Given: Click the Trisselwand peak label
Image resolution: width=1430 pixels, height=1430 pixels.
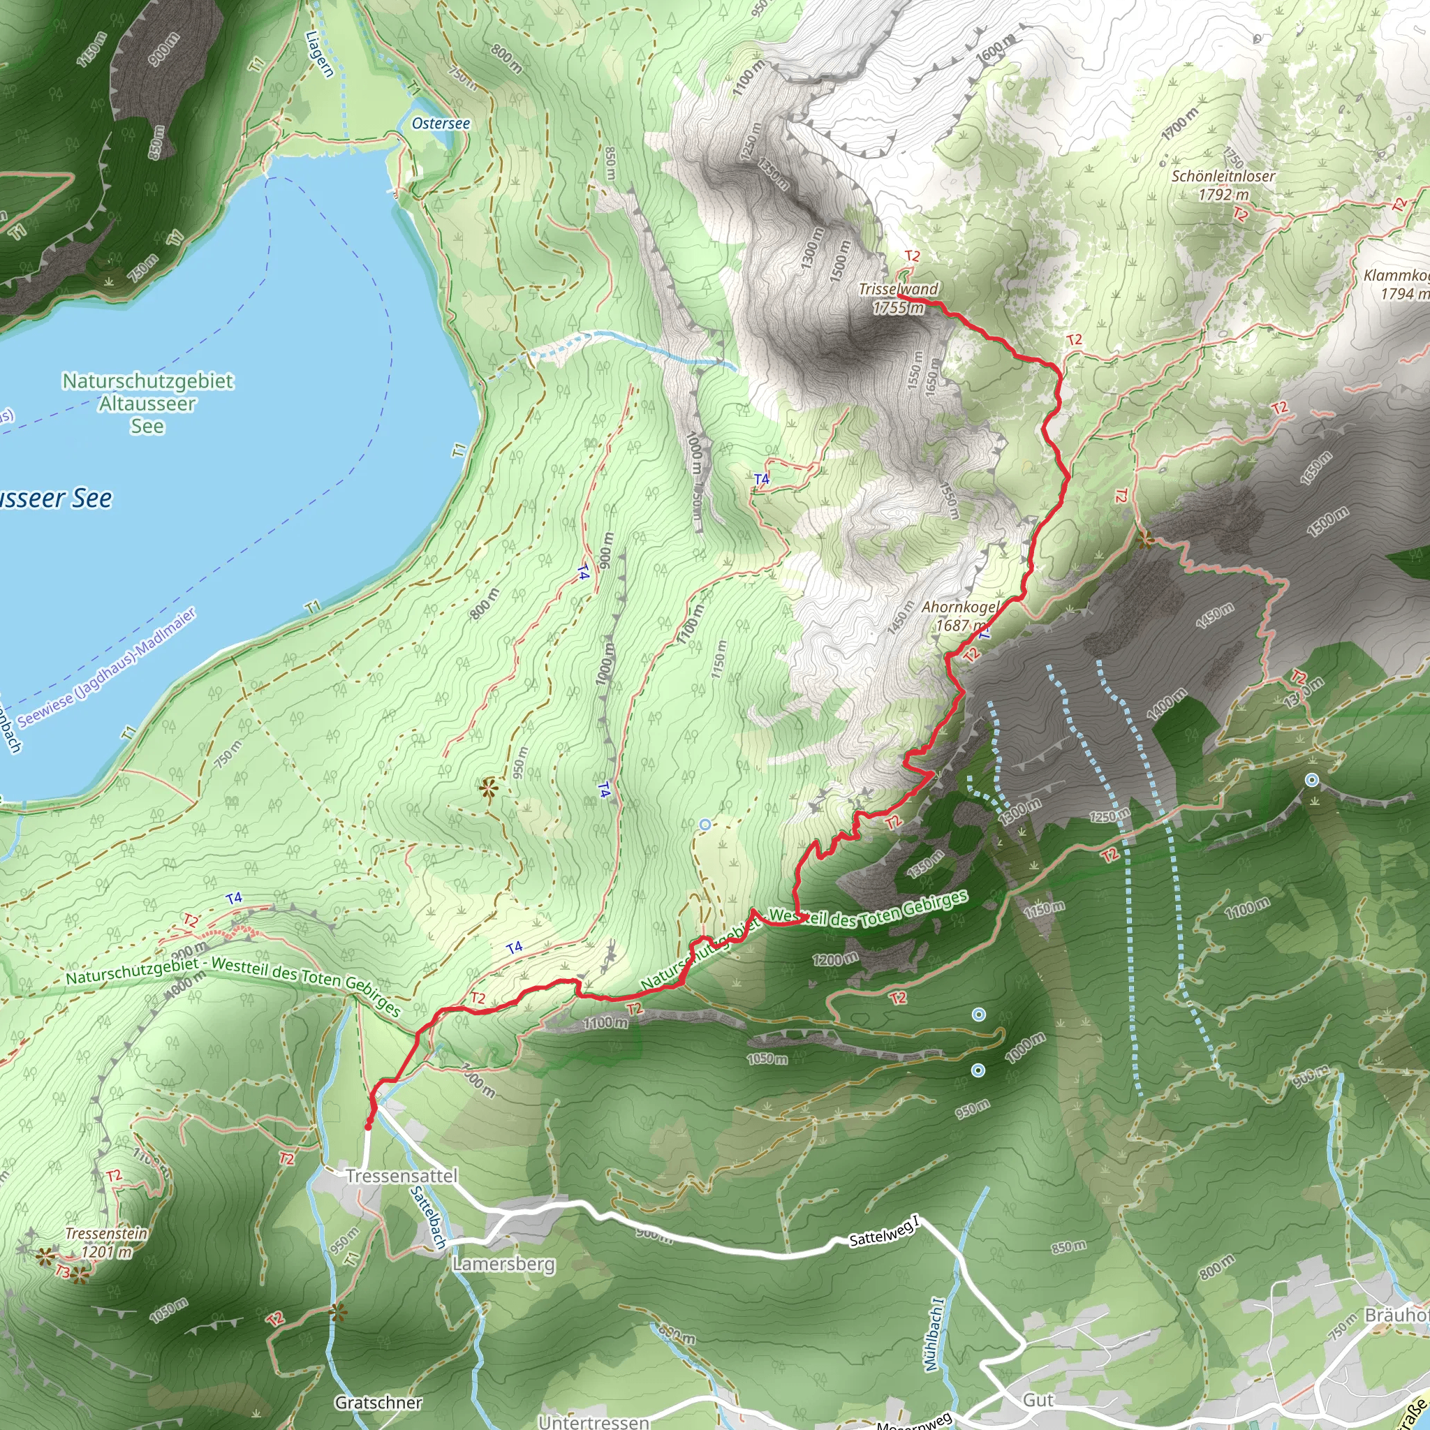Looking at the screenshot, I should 898,289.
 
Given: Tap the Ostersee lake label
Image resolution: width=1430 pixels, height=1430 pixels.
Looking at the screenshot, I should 441,124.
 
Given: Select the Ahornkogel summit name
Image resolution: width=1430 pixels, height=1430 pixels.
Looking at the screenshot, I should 959,607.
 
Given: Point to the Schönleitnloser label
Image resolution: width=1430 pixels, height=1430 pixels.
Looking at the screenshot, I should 1223,176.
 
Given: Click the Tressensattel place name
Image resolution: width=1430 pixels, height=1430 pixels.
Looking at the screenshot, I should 401,1175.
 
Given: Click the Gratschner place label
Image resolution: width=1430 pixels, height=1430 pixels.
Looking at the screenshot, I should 378,1403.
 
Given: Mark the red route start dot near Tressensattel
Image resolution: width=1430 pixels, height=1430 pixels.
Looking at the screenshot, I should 368,1126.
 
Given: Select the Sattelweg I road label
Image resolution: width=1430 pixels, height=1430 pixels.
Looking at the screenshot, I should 884,1231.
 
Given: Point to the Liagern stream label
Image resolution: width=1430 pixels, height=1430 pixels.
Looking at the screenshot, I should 320,53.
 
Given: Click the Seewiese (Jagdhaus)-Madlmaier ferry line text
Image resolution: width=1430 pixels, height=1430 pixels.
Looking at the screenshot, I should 108,667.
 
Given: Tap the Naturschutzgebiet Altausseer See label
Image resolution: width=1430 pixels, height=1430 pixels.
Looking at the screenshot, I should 147,404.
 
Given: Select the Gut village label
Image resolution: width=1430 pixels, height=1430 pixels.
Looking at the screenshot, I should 1038,1400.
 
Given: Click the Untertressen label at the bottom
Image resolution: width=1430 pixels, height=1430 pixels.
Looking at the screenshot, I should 593,1422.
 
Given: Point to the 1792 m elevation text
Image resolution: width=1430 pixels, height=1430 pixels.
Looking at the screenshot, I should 1223,195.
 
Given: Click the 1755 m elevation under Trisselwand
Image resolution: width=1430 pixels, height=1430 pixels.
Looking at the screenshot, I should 898,308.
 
